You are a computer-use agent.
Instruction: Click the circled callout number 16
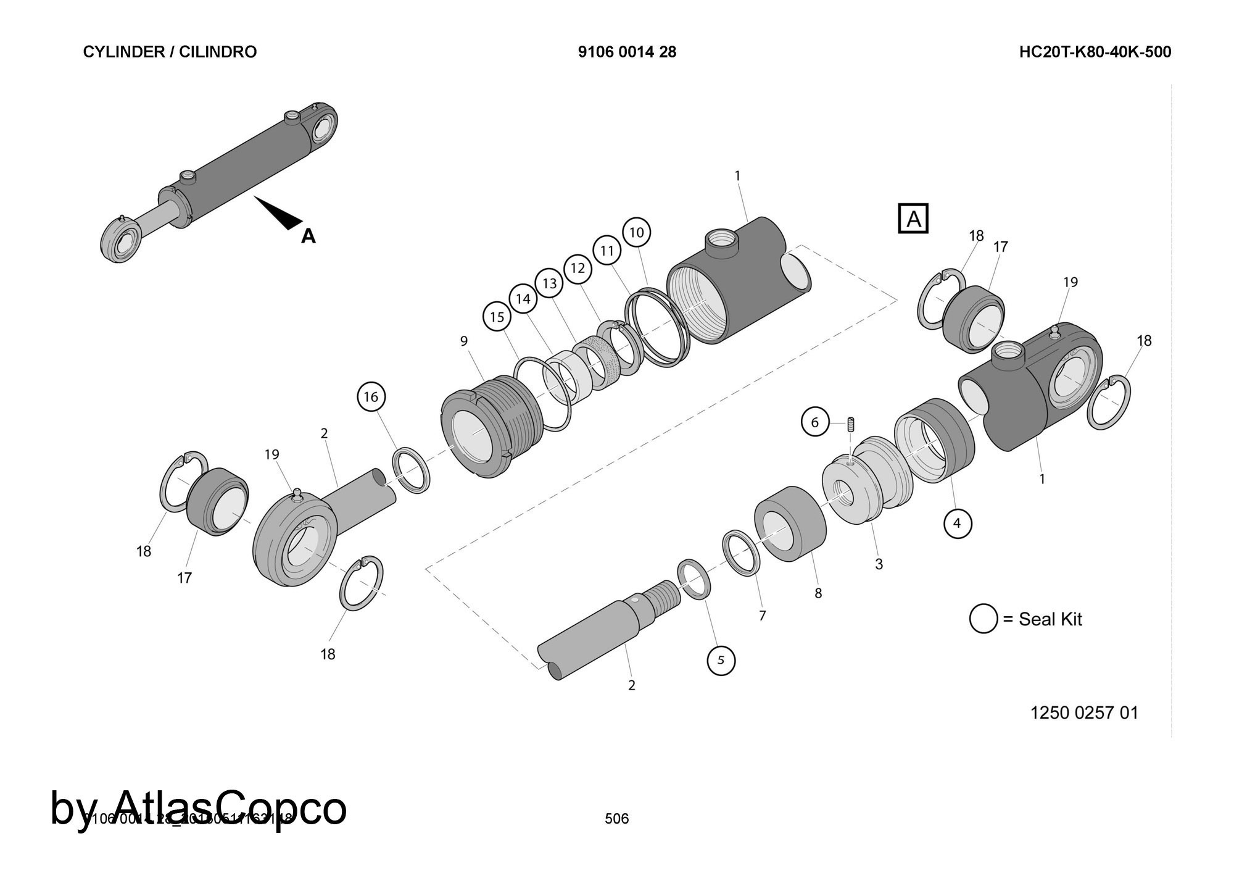[x=371, y=396]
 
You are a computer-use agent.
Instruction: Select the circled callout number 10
[x=637, y=232]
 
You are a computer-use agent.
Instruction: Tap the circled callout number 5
[x=721, y=660]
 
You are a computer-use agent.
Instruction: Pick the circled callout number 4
[x=957, y=524]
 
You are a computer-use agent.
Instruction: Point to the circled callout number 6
[x=815, y=422]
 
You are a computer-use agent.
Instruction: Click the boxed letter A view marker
[x=913, y=219]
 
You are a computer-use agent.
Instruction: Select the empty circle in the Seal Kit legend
[x=983, y=619]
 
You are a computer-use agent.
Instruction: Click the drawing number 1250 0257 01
[x=1084, y=713]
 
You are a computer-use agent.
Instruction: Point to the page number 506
[x=616, y=819]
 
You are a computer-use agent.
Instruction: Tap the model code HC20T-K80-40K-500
[x=1095, y=52]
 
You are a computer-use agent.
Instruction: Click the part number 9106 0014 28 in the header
[x=627, y=52]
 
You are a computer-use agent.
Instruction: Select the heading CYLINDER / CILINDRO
[x=170, y=52]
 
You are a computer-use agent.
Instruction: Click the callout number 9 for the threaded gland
[x=464, y=341]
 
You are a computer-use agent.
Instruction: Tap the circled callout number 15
[x=497, y=317]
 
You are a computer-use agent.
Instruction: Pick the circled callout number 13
[x=550, y=283]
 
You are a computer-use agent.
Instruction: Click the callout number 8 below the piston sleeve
[x=818, y=593]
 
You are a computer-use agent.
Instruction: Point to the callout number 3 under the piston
[x=879, y=564]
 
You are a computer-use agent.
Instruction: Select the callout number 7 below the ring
[x=762, y=616]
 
